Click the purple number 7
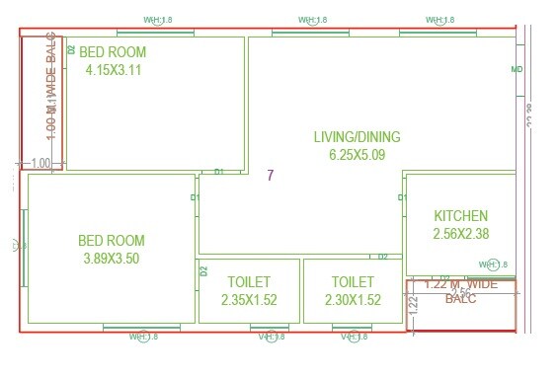click(x=270, y=176)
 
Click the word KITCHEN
click(x=461, y=216)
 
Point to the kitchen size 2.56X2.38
click(x=461, y=234)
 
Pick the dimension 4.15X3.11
click(x=114, y=70)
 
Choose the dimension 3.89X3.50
click(x=111, y=259)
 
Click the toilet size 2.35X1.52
click(x=248, y=300)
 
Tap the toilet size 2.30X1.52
click(x=353, y=300)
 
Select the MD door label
click(x=517, y=70)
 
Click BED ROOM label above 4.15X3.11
click(x=113, y=52)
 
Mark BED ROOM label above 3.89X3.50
click(x=111, y=241)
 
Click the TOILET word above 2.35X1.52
click(x=248, y=282)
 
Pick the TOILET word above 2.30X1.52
click(x=353, y=282)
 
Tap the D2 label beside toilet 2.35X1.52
click(x=203, y=270)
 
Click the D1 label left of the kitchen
click(x=402, y=198)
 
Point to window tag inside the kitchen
click(x=491, y=265)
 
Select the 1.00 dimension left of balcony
click(x=40, y=163)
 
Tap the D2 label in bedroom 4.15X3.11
click(x=71, y=48)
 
